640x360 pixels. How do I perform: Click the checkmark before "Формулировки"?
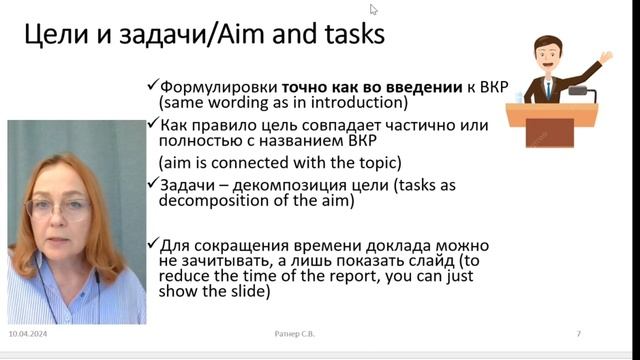point(152,87)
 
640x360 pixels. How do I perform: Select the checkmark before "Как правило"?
point(152,125)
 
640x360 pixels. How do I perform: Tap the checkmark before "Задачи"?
point(152,184)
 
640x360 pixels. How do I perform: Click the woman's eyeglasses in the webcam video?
point(71,209)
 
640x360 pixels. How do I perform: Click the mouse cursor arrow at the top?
point(374,9)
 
